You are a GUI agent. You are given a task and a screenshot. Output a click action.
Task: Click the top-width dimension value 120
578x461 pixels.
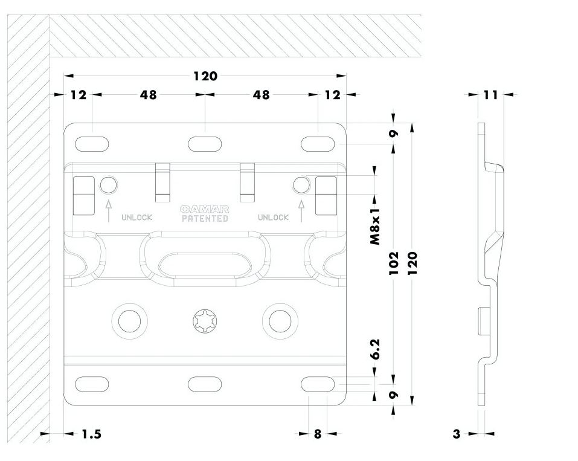(205, 76)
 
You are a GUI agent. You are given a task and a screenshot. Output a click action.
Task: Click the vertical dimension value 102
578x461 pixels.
(394, 263)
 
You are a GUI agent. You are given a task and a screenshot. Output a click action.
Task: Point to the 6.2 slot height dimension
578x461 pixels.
(375, 349)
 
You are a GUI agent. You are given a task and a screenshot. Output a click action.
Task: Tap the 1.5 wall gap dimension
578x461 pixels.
(91, 434)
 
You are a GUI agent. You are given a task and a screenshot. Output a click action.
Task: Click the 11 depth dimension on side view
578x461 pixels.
(490, 95)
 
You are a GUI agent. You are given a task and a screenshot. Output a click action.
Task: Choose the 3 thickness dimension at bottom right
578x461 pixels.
(457, 434)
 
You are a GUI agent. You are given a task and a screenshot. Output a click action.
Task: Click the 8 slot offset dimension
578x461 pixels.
(318, 434)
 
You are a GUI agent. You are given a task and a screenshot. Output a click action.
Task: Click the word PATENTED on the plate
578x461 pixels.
(205, 219)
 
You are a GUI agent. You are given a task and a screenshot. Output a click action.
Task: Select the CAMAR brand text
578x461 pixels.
(205, 210)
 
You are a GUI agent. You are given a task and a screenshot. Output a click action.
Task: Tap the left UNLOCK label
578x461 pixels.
(136, 218)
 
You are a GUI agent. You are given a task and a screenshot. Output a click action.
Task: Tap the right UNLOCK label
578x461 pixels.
(273, 218)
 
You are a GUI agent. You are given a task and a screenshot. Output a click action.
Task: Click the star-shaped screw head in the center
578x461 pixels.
(205, 320)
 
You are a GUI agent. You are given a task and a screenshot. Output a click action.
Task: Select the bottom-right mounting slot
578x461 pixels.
(318, 384)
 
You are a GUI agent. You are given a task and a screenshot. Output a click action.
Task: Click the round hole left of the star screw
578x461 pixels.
(130, 320)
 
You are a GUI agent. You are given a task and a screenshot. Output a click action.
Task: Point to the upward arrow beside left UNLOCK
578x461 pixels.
(109, 211)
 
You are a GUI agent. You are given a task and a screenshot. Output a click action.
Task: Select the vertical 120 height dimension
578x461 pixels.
(413, 263)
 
